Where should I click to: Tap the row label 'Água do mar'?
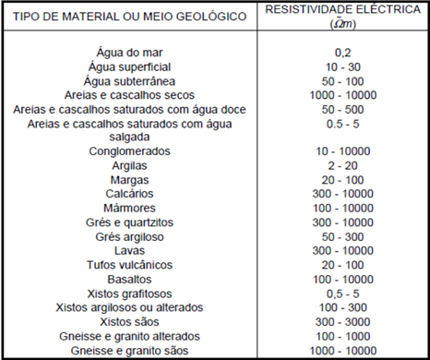click(x=128, y=54)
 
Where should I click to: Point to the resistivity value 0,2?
click(x=343, y=54)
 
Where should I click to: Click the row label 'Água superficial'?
click(x=128, y=67)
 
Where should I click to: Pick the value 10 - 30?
click(x=343, y=67)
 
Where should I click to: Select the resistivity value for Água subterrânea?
click(x=343, y=81)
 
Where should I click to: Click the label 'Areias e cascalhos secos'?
click(x=128, y=95)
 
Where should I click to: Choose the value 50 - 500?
click(x=343, y=109)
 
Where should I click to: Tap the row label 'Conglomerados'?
click(x=128, y=150)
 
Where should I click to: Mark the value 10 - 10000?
click(x=343, y=150)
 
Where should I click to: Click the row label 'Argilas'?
click(x=128, y=164)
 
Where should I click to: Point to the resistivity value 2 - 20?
click(x=343, y=164)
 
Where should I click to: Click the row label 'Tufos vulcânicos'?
click(x=128, y=264)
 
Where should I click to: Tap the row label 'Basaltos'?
click(x=128, y=278)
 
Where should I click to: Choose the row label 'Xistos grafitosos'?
click(x=128, y=293)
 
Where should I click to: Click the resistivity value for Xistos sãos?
click(x=343, y=321)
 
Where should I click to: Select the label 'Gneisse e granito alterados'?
click(x=128, y=336)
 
